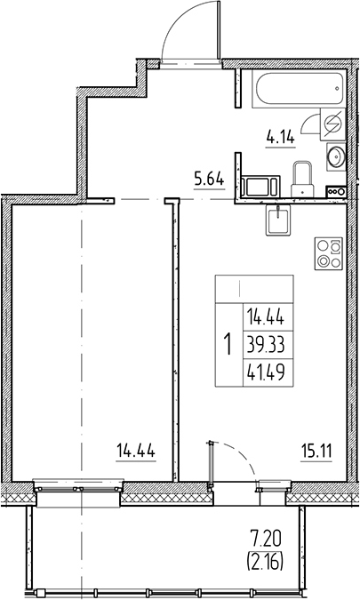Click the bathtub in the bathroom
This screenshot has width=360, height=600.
(x=295, y=91)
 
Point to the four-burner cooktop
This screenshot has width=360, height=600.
(x=328, y=256)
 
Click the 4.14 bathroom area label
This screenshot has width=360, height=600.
(x=281, y=137)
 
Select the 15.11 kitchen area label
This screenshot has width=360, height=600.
(x=316, y=449)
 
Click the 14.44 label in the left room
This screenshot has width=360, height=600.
(x=136, y=450)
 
